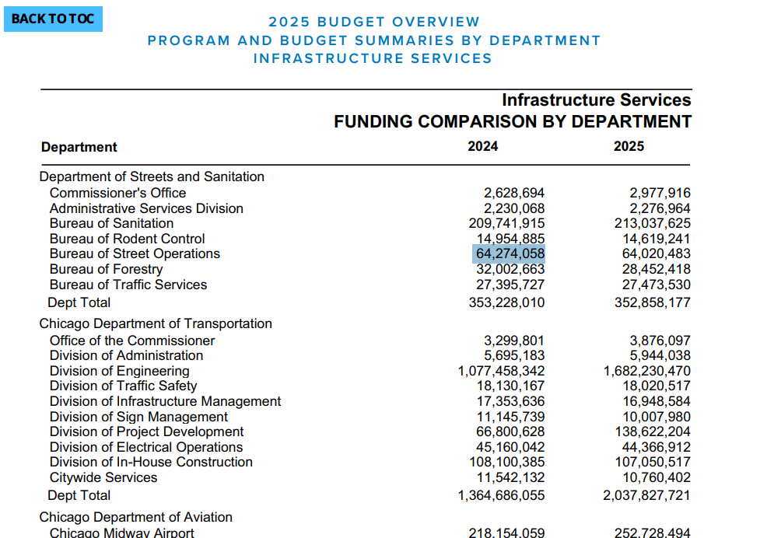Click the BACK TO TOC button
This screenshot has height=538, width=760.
pyautogui.click(x=53, y=19)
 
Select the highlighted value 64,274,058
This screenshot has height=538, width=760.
pyautogui.click(x=510, y=254)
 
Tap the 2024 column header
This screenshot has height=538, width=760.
pyautogui.click(x=483, y=146)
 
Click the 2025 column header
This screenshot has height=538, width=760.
pyautogui.click(x=629, y=146)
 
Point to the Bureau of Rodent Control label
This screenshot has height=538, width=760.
pyautogui.click(x=127, y=239)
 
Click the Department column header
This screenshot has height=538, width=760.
pyautogui.click(x=79, y=147)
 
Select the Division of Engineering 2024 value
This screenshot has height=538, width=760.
pyautogui.click(x=502, y=371)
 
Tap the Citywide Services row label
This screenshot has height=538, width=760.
pyautogui.click(x=103, y=477)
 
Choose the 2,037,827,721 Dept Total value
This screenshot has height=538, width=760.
pyautogui.click(x=647, y=495)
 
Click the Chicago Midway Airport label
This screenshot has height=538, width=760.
pyautogui.click(x=122, y=533)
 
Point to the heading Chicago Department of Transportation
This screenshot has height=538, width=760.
pyautogui.click(x=156, y=323)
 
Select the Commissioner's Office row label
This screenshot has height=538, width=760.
pyautogui.click(x=117, y=193)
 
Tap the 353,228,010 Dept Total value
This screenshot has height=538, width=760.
pyautogui.click(x=507, y=302)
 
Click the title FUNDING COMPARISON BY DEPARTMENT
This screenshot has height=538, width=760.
pyautogui.click(x=513, y=122)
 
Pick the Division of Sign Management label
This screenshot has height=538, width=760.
pyautogui.click(x=138, y=417)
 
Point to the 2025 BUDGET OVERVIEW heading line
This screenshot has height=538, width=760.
pyautogui.click(x=374, y=22)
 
